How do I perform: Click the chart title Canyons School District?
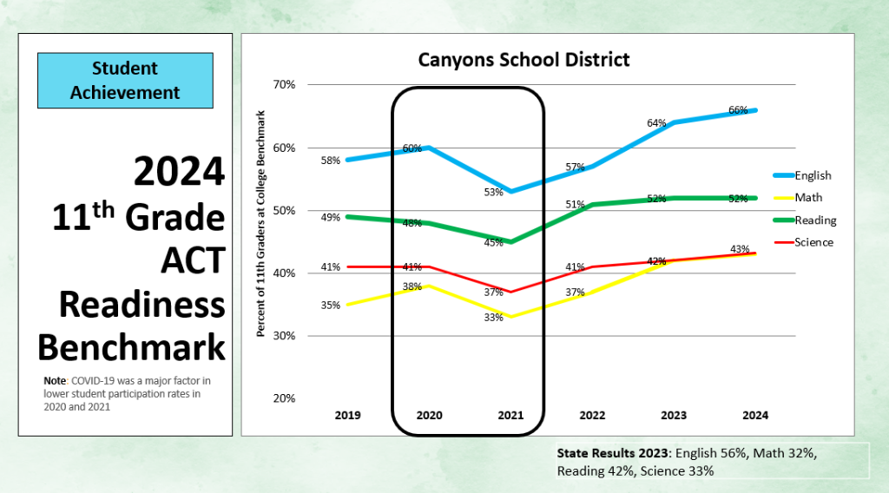524,60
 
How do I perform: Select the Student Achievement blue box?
125,81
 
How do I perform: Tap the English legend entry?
813,175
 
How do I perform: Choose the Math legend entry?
807,198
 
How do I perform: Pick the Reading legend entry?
815,220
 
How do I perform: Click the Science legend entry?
813,242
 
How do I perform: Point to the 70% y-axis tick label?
285,85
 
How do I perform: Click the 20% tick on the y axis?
285,398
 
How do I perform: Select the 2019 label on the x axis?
348,416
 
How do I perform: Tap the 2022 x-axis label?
592,416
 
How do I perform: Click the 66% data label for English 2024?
738,110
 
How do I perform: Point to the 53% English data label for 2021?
493,192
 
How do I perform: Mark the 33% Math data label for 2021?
493,318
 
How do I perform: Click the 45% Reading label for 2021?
493,243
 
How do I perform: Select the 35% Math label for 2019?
330,306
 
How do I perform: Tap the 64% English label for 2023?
656,123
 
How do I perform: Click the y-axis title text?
260,224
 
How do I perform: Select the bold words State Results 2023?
613,452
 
